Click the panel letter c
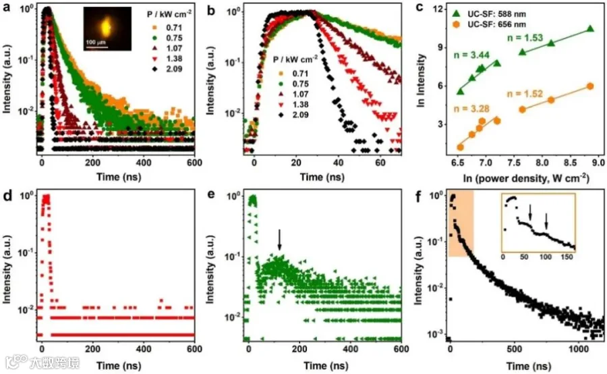click(420, 7)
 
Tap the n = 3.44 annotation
click(471, 55)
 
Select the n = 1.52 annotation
click(525, 94)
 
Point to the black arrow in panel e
click(279, 240)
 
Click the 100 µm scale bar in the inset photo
click(96, 46)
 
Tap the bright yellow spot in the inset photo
click(106, 27)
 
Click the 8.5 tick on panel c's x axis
click(570, 163)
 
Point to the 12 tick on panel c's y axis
click(438, 9)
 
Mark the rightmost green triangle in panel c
click(590, 28)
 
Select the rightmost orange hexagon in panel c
click(590, 86)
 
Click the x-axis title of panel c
click(526, 178)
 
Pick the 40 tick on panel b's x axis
click(339, 163)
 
